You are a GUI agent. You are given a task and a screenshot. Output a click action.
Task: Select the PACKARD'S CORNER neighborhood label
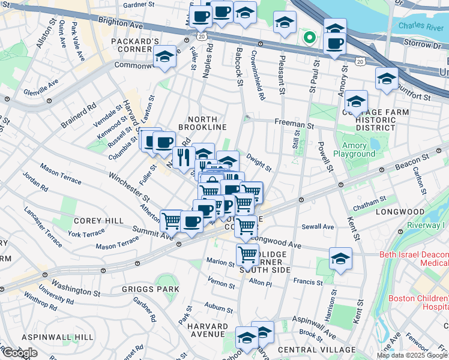click(135, 46)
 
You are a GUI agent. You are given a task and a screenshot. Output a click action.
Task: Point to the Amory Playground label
click(358, 149)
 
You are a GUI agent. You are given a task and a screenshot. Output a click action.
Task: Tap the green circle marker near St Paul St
click(310, 38)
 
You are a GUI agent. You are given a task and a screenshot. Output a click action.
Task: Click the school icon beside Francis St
click(340, 259)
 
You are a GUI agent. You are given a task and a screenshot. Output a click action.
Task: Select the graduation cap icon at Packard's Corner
click(164, 57)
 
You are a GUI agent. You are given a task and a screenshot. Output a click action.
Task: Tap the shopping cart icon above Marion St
click(247, 254)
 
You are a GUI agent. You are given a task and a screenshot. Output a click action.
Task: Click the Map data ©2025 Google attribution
click(412, 355)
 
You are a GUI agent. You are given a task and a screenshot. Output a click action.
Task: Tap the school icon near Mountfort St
click(387, 79)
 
